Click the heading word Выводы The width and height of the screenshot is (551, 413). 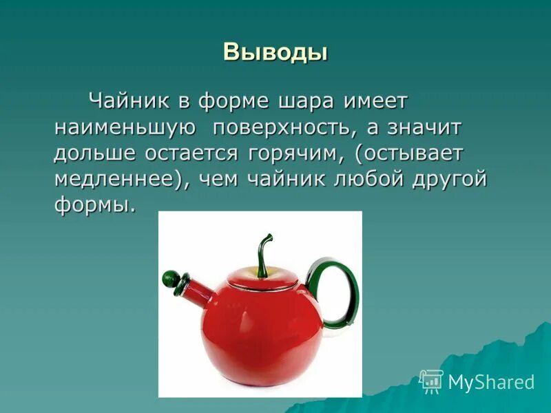coord(275,52)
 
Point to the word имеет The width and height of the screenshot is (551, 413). coord(377,100)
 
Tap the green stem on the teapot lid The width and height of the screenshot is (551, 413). coord(263,251)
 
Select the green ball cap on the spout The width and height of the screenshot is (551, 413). coord(170,278)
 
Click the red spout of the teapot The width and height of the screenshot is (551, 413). coord(200,295)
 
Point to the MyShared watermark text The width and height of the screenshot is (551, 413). coord(490,382)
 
